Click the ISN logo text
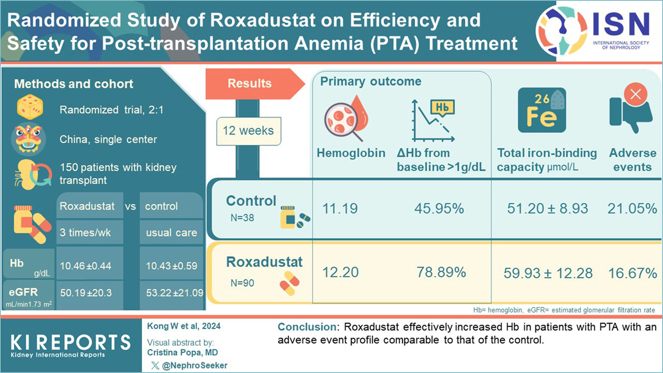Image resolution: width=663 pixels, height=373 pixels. pos(621,24)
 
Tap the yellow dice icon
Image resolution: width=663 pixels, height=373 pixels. pos(30,107)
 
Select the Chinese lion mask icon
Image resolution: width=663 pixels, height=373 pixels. pos(28,139)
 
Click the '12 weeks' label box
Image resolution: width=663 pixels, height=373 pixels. pos(248,131)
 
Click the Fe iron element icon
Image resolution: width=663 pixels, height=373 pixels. pos(542,110)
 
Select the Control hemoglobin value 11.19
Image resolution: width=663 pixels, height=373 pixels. pos(340,208)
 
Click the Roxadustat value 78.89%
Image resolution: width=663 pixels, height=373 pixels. pos(441,272)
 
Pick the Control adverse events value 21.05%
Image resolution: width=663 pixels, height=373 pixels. pos(632,208)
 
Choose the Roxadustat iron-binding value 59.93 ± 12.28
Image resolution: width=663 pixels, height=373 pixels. pos(548,273)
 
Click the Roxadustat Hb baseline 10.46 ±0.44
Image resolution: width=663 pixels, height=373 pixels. pos(85,266)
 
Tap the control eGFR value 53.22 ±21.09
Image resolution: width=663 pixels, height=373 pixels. pos(174,293)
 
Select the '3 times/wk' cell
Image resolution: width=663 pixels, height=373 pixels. pos(85,232)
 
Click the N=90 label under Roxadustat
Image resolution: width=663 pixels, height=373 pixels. pos(242,283)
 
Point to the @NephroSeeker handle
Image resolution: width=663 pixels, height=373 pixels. pos(194,365)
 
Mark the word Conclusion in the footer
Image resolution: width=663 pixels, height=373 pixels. pos(307,327)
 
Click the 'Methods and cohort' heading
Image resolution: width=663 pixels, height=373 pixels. pos(74,84)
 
